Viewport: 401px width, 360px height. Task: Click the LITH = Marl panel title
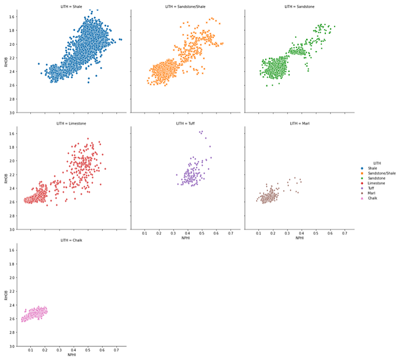(x=298, y=123)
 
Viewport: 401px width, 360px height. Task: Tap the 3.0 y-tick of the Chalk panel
(x=11, y=346)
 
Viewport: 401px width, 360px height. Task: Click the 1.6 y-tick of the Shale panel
(x=11, y=17)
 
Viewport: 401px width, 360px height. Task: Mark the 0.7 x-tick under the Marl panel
(x=344, y=234)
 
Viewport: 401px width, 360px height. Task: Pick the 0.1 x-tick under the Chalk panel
(x=31, y=350)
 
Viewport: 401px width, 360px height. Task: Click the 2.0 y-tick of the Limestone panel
(x=11, y=161)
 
